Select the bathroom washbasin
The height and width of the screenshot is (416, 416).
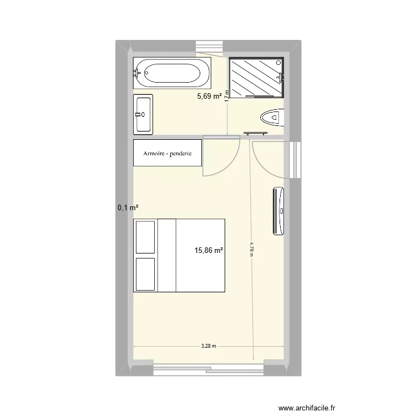(143, 114)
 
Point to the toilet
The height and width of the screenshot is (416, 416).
(272, 118)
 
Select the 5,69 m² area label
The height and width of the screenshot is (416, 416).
(210, 96)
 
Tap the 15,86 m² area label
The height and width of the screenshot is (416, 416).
(209, 251)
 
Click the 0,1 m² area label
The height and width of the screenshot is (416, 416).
(128, 207)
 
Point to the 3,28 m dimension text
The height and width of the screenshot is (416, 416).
(209, 345)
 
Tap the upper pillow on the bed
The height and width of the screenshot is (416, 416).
(145, 237)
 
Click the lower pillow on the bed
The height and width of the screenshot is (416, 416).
(145, 274)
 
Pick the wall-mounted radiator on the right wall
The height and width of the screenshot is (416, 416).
(279, 211)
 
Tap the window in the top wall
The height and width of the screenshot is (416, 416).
(210, 48)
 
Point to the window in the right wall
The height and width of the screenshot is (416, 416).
(293, 160)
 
